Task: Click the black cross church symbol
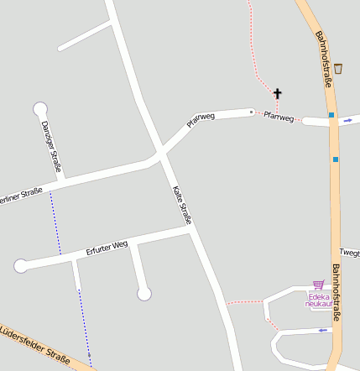pos(278,93)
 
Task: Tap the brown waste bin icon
pos(337,69)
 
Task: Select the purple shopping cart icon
pos(318,285)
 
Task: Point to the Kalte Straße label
pos(182,205)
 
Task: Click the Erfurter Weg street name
pos(107,248)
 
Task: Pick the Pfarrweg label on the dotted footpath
pos(279,117)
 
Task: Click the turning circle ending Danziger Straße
pos(39,108)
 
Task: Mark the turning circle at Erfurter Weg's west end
pos(21,266)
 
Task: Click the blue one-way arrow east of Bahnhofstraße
pos(347,121)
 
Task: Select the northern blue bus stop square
pos(331,115)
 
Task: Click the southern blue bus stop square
pos(335,159)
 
